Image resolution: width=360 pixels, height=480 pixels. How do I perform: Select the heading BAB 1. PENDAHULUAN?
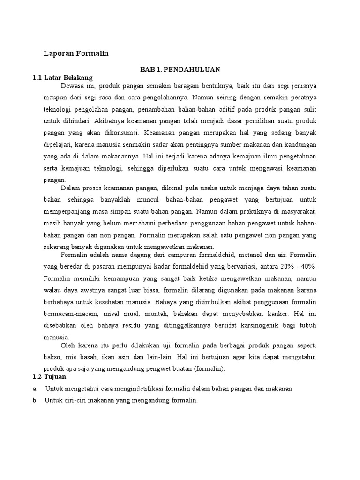coord(180,69)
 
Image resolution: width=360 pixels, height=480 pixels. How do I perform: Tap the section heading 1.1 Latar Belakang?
coord(62,77)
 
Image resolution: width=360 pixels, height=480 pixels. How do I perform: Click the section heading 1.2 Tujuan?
coord(49,376)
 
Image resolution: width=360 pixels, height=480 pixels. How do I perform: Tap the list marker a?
coord(35,389)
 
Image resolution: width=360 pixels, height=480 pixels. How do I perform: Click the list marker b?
coord(35,400)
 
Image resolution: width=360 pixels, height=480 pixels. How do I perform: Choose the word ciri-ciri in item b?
coord(75,400)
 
